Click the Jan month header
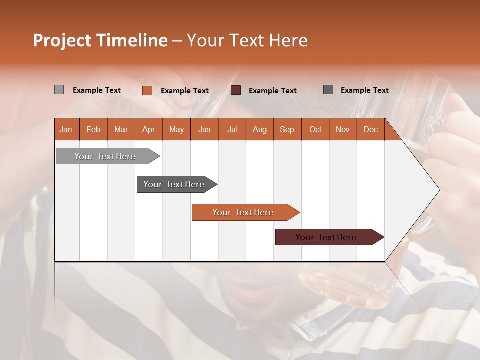pos(66,129)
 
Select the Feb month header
pos(93,129)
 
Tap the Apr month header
pos(149,129)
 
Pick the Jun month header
pos(204,129)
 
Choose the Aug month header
pos(260,129)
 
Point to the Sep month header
pos(287,129)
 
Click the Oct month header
pos(315,129)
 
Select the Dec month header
pos(371,129)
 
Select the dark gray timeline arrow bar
pos(175,184)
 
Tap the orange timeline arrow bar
pos(244,212)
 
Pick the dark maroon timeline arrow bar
pos(327,237)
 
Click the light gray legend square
pos(59,90)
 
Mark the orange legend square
pos(147,90)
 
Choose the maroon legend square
pos(236,90)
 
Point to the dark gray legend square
pos(328,90)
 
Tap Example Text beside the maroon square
pos(273,91)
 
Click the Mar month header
pos(121,129)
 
